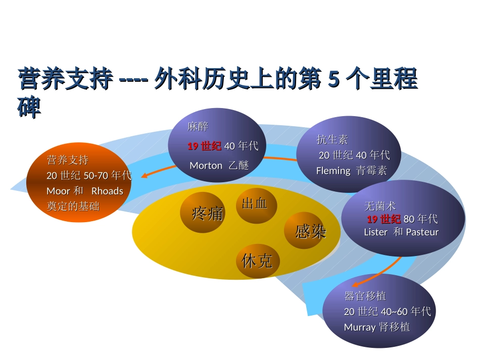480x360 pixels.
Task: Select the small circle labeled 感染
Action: click(x=305, y=231)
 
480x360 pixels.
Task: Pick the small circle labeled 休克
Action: click(x=257, y=261)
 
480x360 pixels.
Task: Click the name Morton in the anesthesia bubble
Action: click(x=206, y=165)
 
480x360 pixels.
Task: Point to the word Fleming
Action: click(x=333, y=171)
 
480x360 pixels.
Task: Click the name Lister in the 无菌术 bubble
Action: click(x=375, y=232)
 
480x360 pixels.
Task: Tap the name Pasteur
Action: click(x=422, y=232)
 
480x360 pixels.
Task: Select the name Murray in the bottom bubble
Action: click(x=359, y=327)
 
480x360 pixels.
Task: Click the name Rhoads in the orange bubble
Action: click(x=107, y=191)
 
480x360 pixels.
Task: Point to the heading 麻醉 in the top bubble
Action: click(x=198, y=126)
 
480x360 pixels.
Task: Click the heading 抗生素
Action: click(x=332, y=139)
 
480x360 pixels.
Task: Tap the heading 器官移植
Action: click(x=365, y=296)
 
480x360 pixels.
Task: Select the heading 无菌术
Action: click(x=379, y=207)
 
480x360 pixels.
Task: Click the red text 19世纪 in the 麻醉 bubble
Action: click(x=204, y=146)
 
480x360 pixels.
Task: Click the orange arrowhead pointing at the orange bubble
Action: click(x=144, y=176)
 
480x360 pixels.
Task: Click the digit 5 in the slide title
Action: click(x=333, y=79)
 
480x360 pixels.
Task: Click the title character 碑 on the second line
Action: click(x=29, y=107)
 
